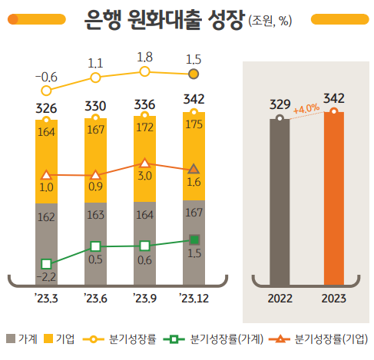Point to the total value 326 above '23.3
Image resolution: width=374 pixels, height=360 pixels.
click(47, 107)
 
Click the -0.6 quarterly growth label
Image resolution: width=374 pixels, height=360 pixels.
click(46, 77)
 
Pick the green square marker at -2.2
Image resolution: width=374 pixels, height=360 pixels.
click(47, 264)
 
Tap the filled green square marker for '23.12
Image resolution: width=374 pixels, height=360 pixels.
click(194, 239)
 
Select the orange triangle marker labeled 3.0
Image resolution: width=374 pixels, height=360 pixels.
click(144, 163)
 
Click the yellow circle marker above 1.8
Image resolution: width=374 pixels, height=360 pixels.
click(144, 71)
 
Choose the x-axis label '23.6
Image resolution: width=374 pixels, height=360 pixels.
click(95, 298)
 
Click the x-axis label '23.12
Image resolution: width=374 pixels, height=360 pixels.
click(194, 298)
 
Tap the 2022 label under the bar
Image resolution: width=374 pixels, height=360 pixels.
click(280, 298)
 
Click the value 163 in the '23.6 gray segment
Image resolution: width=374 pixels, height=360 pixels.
click(95, 216)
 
